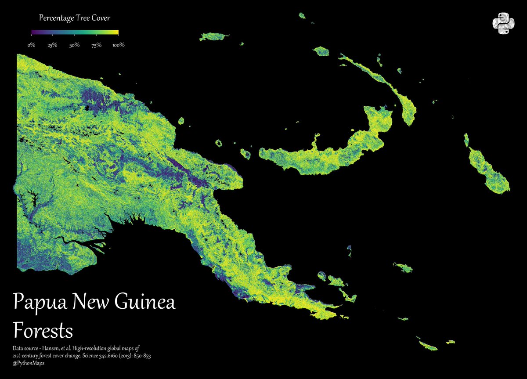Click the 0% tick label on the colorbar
(31, 45)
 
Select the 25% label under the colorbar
(52, 45)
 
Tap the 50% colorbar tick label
(74, 45)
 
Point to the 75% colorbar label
(96, 45)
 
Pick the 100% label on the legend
(118, 45)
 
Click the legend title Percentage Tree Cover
(74, 18)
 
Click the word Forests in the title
(43, 329)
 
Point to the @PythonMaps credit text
(29, 363)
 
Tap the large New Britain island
(325, 154)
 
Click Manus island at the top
(214, 36)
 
